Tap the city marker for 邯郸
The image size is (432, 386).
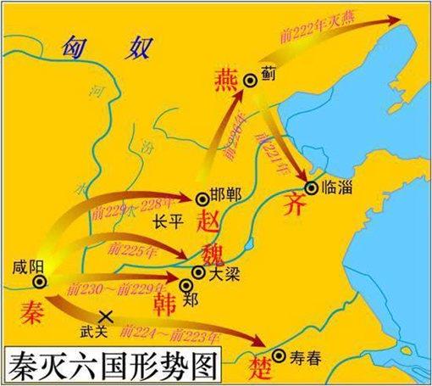(202, 199)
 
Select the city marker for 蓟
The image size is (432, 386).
(250, 80)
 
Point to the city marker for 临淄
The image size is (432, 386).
(312, 187)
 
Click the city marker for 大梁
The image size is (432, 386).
(197, 272)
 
